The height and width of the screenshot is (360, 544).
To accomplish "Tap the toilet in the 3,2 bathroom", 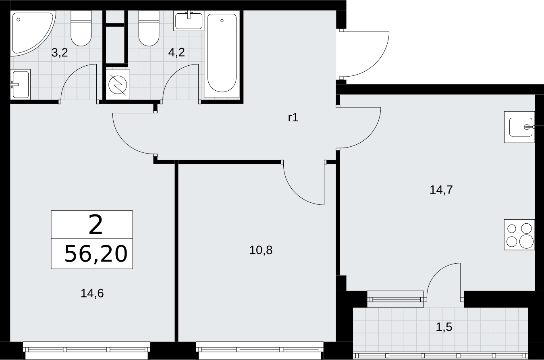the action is pyautogui.click(x=81, y=28).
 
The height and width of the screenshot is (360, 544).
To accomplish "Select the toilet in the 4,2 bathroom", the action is pyautogui.click(x=149, y=28).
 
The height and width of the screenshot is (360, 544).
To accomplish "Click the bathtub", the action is pyautogui.click(x=222, y=54).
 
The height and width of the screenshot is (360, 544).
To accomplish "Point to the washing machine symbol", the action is pyautogui.click(x=118, y=85).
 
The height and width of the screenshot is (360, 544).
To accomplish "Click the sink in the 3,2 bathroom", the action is pyautogui.click(x=21, y=84).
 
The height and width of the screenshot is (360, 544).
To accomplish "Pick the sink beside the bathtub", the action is pyautogui.click(x=189, y=21).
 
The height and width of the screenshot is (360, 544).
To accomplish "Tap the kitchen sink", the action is pyautogui.click(x=519, y=127).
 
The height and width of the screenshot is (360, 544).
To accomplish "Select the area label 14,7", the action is pyautogui.click(x=441, y=190).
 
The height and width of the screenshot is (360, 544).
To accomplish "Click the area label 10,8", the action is pyautogui.click(x=261, y=250).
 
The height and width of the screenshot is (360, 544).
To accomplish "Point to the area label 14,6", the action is pyautogui.click(x=92, y=293).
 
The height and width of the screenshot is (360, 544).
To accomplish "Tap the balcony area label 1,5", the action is pyautogui.click(x=444, y=327).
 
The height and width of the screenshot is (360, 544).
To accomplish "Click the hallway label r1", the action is pyautogui.click(x=293, y=118).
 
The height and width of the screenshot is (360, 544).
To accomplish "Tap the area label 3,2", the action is pyautogui.click(x=60, y=53).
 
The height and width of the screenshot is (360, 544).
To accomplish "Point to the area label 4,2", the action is pyautogui.click(x=176, y=52).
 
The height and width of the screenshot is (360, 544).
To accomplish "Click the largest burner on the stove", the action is pyautogui.click(x=527, y=241).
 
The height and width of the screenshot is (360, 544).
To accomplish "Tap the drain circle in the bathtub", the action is pyautogui.click(x=222, y=21).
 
